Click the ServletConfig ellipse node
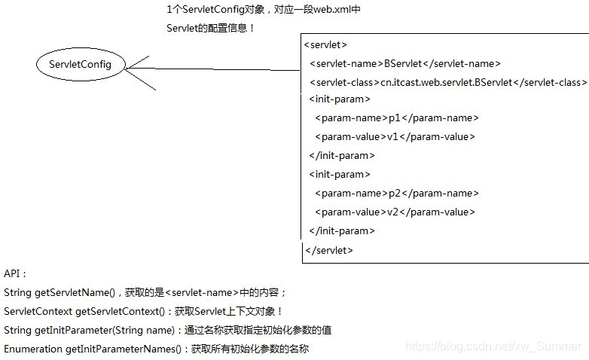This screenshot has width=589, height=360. (80, 65)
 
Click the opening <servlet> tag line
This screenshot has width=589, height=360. (325, 45)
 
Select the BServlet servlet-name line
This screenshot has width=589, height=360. (404, 64)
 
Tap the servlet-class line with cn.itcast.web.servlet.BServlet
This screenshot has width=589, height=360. (447, 82)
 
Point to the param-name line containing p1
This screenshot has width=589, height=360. (396, 118)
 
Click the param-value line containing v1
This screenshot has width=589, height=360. (395, 137)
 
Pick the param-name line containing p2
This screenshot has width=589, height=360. (396, 194)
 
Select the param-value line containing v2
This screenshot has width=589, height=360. (395, 212)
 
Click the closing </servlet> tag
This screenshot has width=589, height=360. (328, 250)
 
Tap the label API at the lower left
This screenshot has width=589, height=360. (15, 274)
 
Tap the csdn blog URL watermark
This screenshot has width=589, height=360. (493, 347)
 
